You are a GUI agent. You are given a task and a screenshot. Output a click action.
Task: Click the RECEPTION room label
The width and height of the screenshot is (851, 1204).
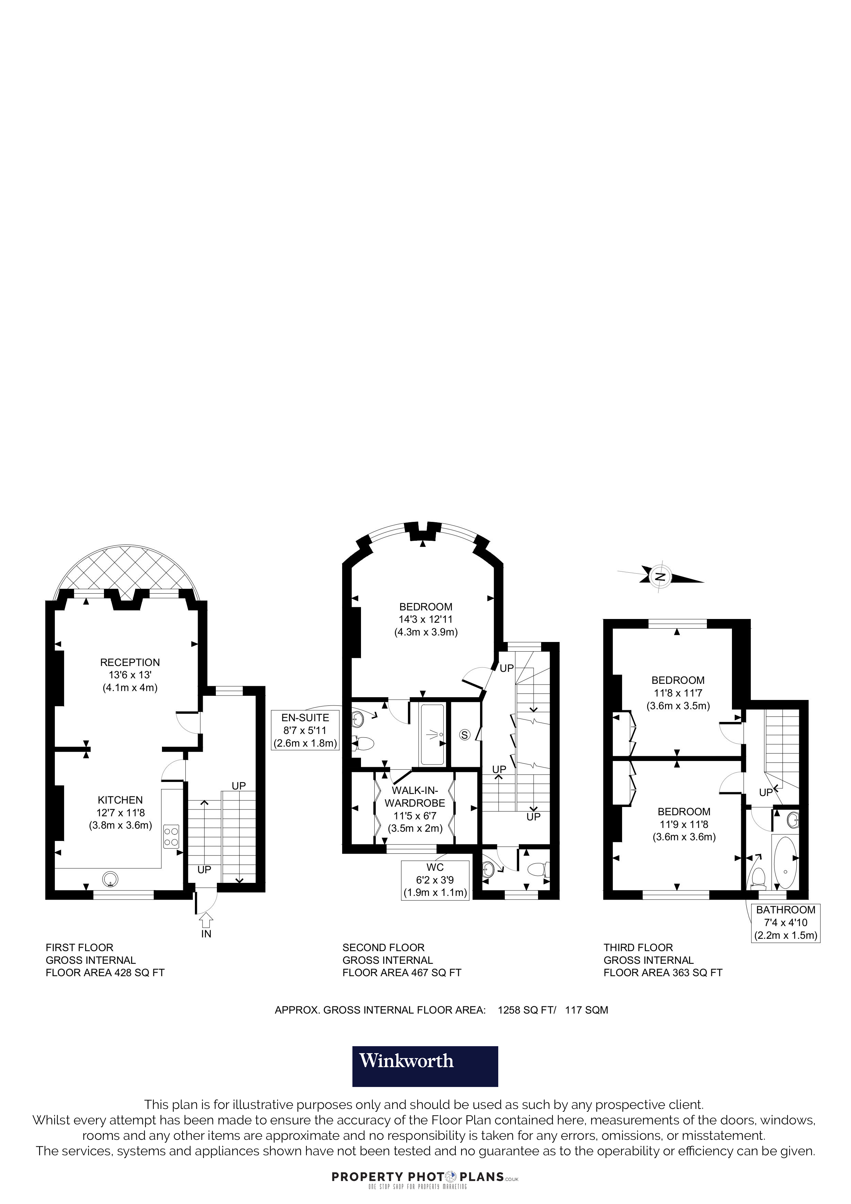tap(130, 662)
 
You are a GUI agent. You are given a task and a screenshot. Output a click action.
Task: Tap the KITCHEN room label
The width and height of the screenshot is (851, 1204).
tap(120, 800)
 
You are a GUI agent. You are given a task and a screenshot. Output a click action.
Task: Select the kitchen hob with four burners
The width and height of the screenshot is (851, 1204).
tap(171, 837)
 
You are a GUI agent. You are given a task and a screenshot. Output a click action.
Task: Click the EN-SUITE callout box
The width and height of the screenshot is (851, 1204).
tap(305, 730)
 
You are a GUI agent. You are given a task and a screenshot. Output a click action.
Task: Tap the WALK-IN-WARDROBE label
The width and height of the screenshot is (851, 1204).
tap(415, 797)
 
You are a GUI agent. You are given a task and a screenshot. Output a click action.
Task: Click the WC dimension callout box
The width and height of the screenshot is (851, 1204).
tap(435, 880)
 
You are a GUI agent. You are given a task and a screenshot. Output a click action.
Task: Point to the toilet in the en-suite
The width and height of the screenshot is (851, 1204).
tap(364, 743)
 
